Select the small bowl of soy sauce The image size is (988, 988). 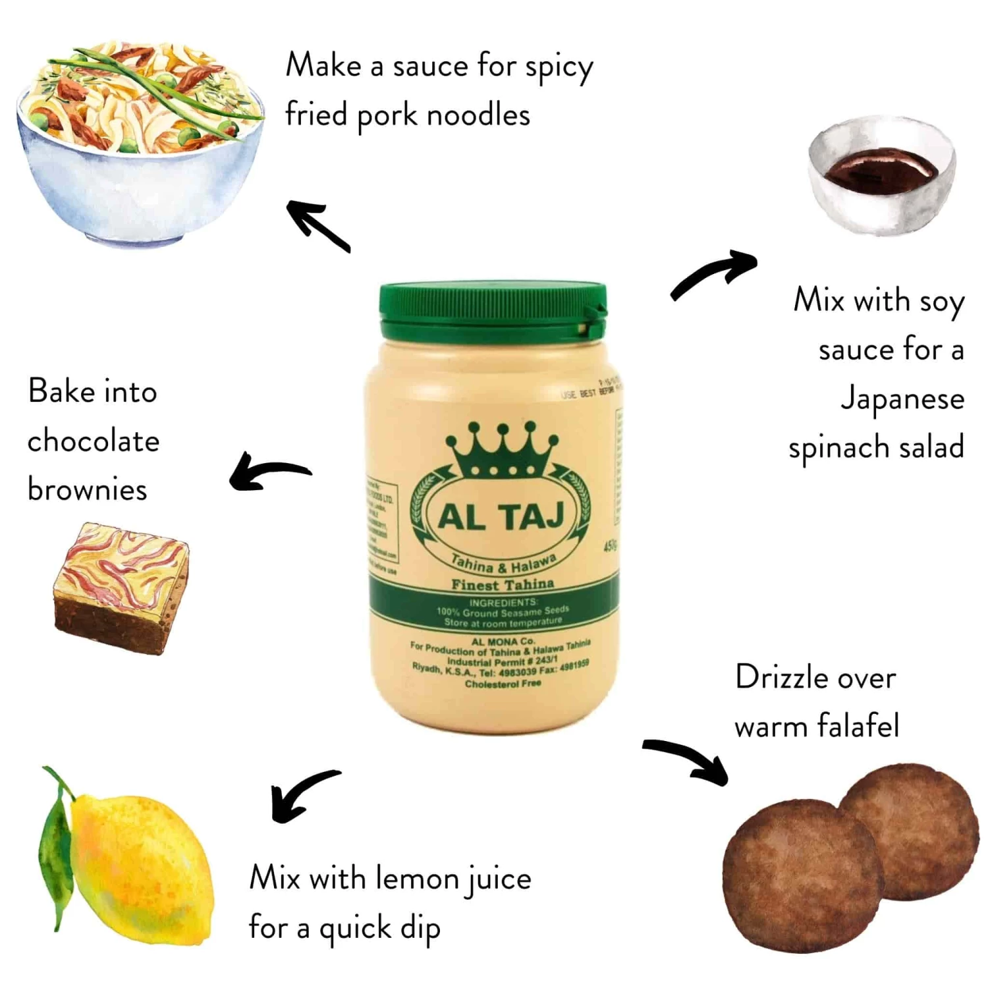point(881,175)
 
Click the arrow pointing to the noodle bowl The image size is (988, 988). point(317,226)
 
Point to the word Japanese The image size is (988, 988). point(902,399)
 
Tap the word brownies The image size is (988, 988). point(87,489)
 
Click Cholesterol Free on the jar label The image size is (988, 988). point(503,684)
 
